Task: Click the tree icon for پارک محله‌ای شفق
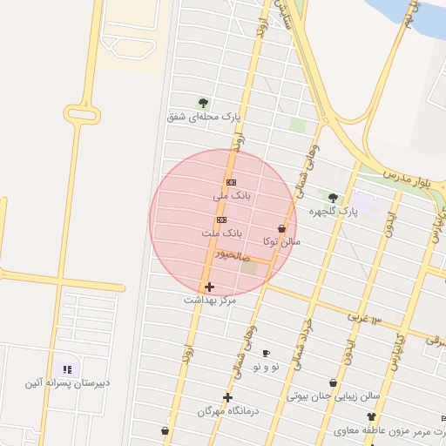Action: pyautogui.click(x=203, y=103)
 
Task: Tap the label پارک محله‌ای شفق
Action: pyautogui.click(x=205, y=116)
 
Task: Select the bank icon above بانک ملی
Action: pyautogui.click(x=231, y=182)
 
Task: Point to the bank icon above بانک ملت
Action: pyautogui.click(x=221, y=220)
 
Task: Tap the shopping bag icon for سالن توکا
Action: pyautogui.click(x=281, y=227)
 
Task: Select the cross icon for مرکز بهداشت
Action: pyautogui.click(x=209, y=287)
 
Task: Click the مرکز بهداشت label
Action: pyautogui.click(x=210, y=300)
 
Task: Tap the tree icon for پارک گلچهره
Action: pyautogui.click(x=333, y=198)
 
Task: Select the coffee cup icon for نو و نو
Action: pyautogui.click(x=266, y=353)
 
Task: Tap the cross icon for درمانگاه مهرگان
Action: pyautogui.click(x=227, y=397)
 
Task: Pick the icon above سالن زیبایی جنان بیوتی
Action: pyautogui.click(x=333, y=382)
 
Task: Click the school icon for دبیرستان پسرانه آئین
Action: pyautogui.click(x=67, y=369)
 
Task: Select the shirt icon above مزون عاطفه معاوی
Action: pyautogui.click(x=372, y=417)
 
